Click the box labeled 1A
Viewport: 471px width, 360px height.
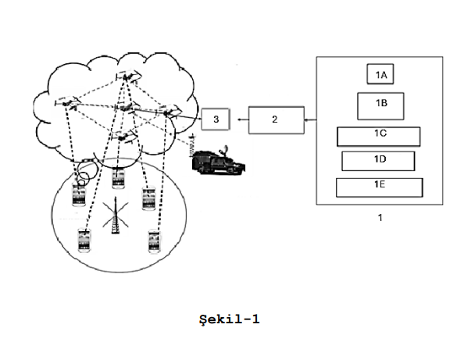pyautogui.click(x=380, y=74)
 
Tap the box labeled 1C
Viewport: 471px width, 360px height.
pyautogui.click(x=380, y=135)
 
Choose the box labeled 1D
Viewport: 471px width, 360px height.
pyautogui.click(x=379, y=160)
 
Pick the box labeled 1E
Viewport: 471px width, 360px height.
pyautogui.click(x=379, y=187)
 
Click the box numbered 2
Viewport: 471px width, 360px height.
pyautogui.click(x=276, y=119)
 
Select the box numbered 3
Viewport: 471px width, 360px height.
pyautogui.click(x=216, y=119)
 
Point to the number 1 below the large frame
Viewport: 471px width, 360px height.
pyautogui.click(x=380, y=218)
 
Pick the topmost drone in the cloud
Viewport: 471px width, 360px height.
pyautogui.click(x=128, y=76)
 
